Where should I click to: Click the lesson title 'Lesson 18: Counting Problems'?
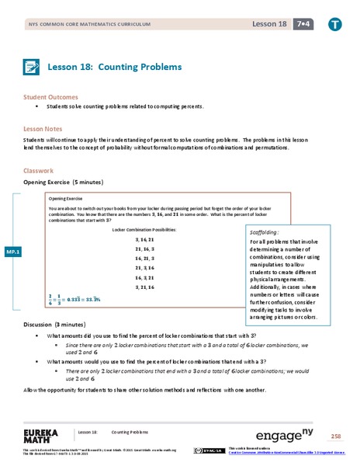click(x=115, y=67)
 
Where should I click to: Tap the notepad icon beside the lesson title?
click(x=33, y=67)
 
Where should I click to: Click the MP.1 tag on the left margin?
click(x=13, y=252)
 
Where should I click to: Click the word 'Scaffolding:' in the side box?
click(x=265, y=231)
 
